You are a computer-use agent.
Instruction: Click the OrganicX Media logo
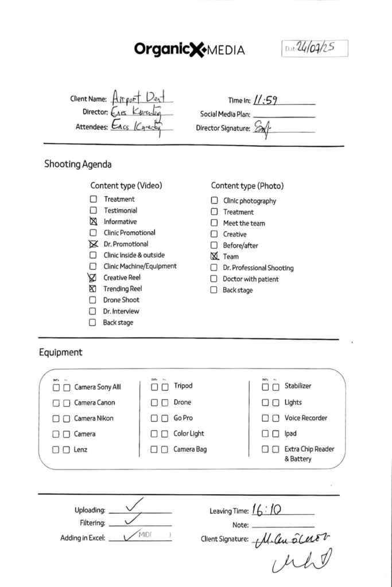pos(189,49)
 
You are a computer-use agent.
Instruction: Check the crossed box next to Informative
pos(93,222)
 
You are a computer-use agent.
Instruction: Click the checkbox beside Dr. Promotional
pos(93,244)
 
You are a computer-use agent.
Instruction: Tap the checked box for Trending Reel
pos(93,289)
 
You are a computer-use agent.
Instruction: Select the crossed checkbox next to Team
pos(214,257)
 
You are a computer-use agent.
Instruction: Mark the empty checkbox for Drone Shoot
pos(93,300)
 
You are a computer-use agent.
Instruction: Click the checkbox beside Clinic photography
pos(214,201)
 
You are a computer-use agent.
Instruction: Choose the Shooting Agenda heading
pos(78,164)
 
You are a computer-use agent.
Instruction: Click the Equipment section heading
pos(61,353)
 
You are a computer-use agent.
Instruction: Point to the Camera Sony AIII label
pos(98,387)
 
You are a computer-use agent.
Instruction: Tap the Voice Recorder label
pos(306,418)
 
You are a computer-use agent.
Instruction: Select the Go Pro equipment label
pos(183,418)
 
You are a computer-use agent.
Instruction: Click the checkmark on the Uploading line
pos(133,504)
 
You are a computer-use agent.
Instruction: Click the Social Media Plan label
pos(225,114)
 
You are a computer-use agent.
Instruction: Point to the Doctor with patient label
pos(251,279)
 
